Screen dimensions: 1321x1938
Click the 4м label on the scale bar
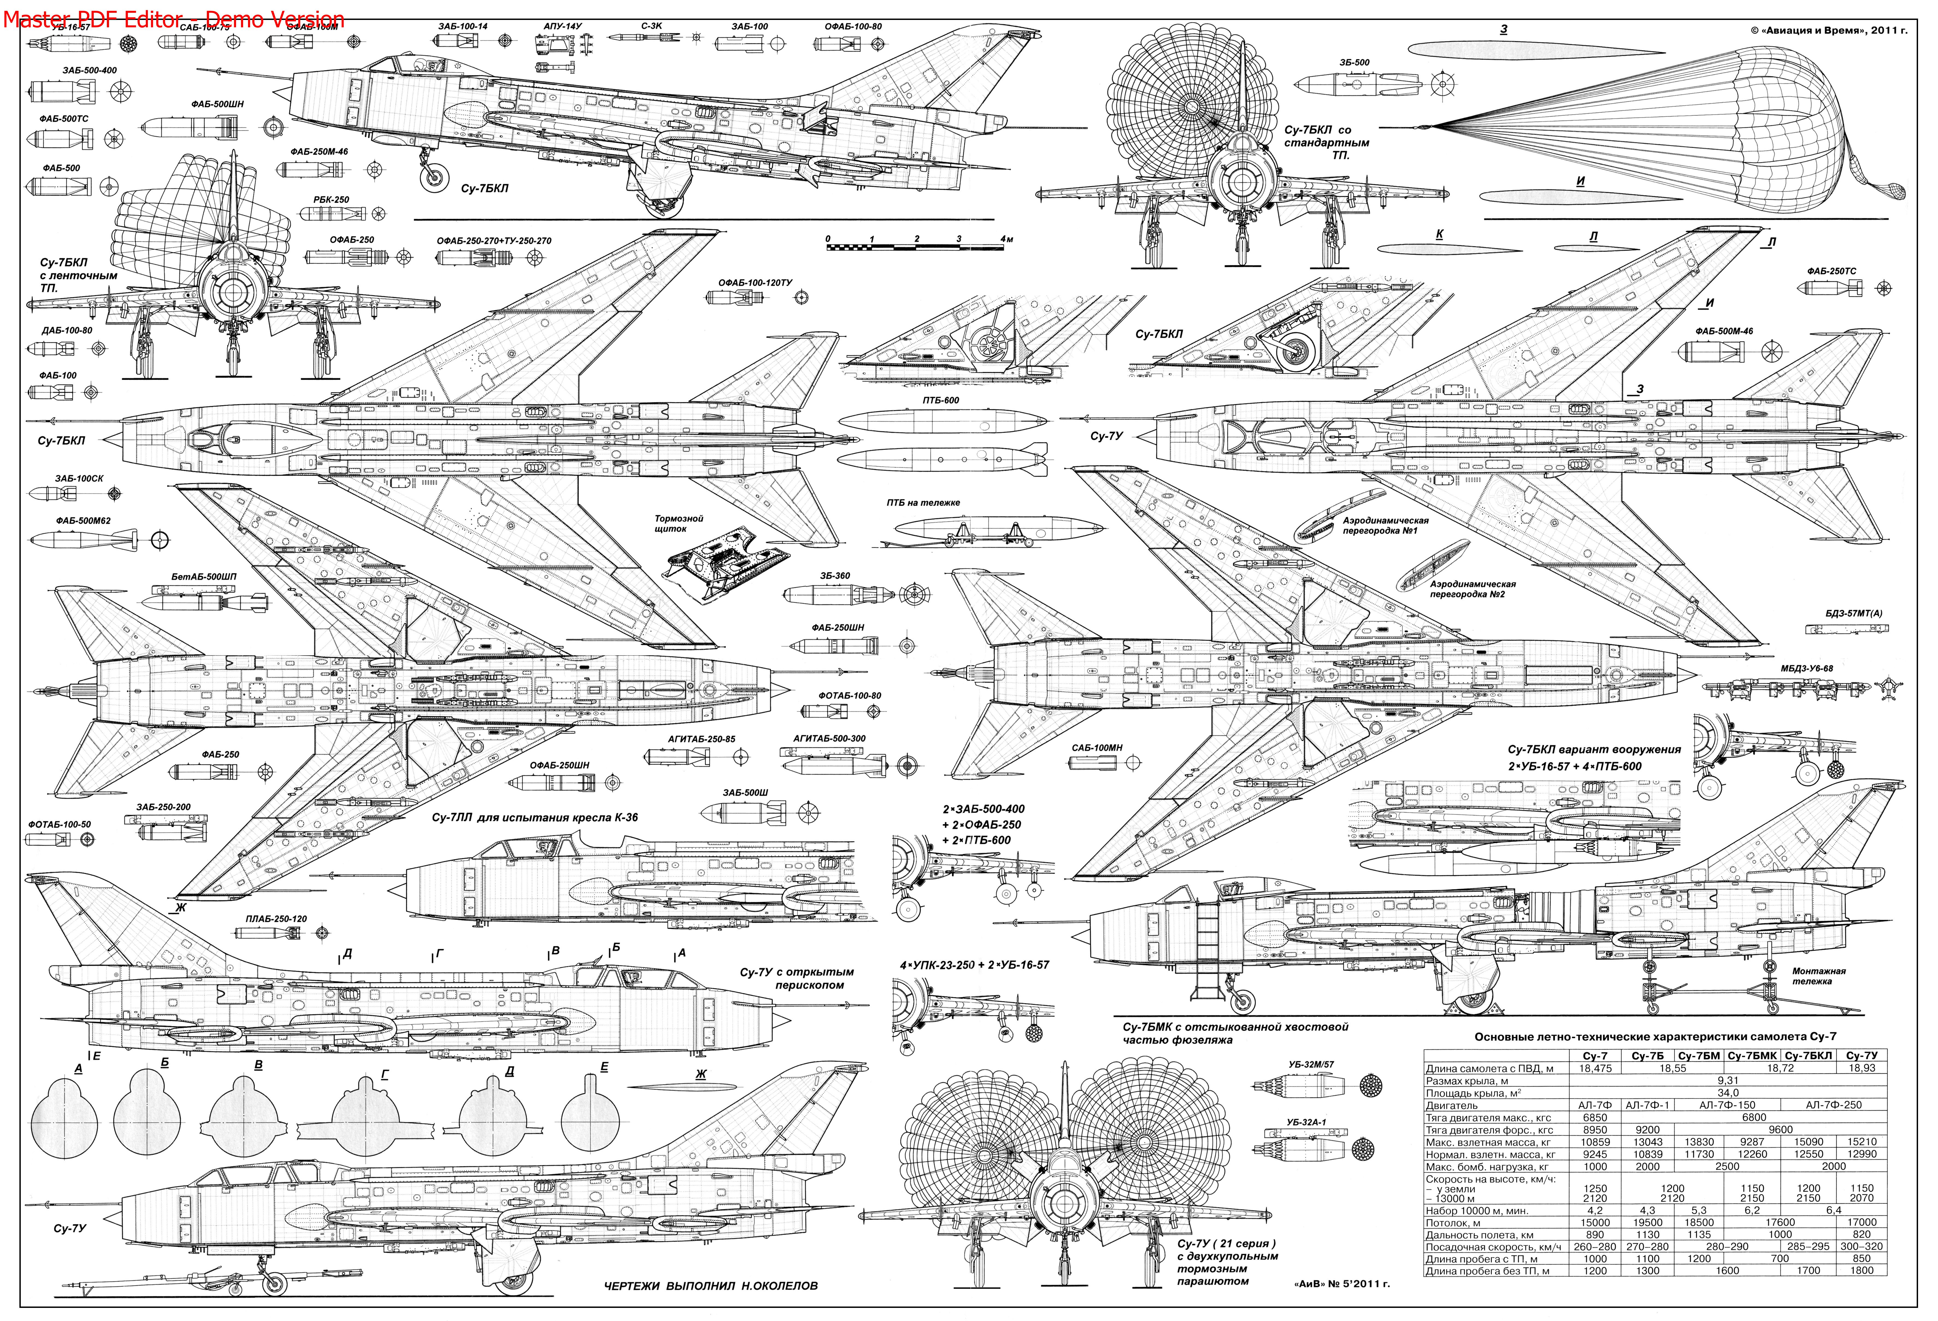(1006, 239)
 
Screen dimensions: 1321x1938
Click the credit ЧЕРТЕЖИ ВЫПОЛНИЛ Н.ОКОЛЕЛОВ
(711, 1285)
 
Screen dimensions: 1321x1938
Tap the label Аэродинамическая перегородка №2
(1472, 589)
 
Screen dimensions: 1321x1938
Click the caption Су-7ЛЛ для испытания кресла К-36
(535, 817)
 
